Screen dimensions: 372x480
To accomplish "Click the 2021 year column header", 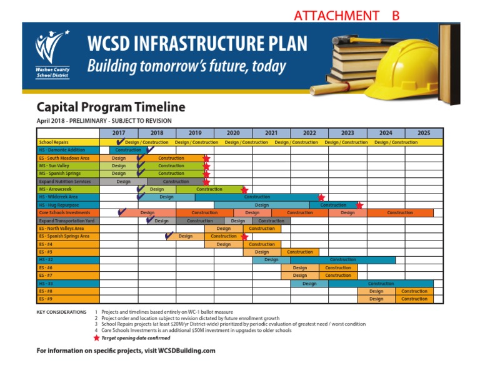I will [x=271, y=133].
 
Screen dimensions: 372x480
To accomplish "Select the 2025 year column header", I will [x=424, y=133].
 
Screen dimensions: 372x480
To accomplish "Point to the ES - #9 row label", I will [x=46, y=299].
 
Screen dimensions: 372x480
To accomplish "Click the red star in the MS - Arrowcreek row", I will [x=244, y=189].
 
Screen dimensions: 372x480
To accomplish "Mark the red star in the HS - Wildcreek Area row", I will [x=321, y=197].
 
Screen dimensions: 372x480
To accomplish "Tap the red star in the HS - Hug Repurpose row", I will [x=359, y=205].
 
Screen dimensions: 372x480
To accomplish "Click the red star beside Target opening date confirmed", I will [x=96, y=338].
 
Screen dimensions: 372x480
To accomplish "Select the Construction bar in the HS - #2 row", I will [x=342, y=260].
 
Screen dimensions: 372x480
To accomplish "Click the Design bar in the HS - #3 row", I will [x=309, y=283].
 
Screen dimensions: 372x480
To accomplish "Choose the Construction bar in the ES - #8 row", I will [x=414, y=291].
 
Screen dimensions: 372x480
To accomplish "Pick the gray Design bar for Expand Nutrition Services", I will [x=123, y=182].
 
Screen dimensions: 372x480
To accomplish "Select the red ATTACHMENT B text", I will [x=346, y=15].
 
